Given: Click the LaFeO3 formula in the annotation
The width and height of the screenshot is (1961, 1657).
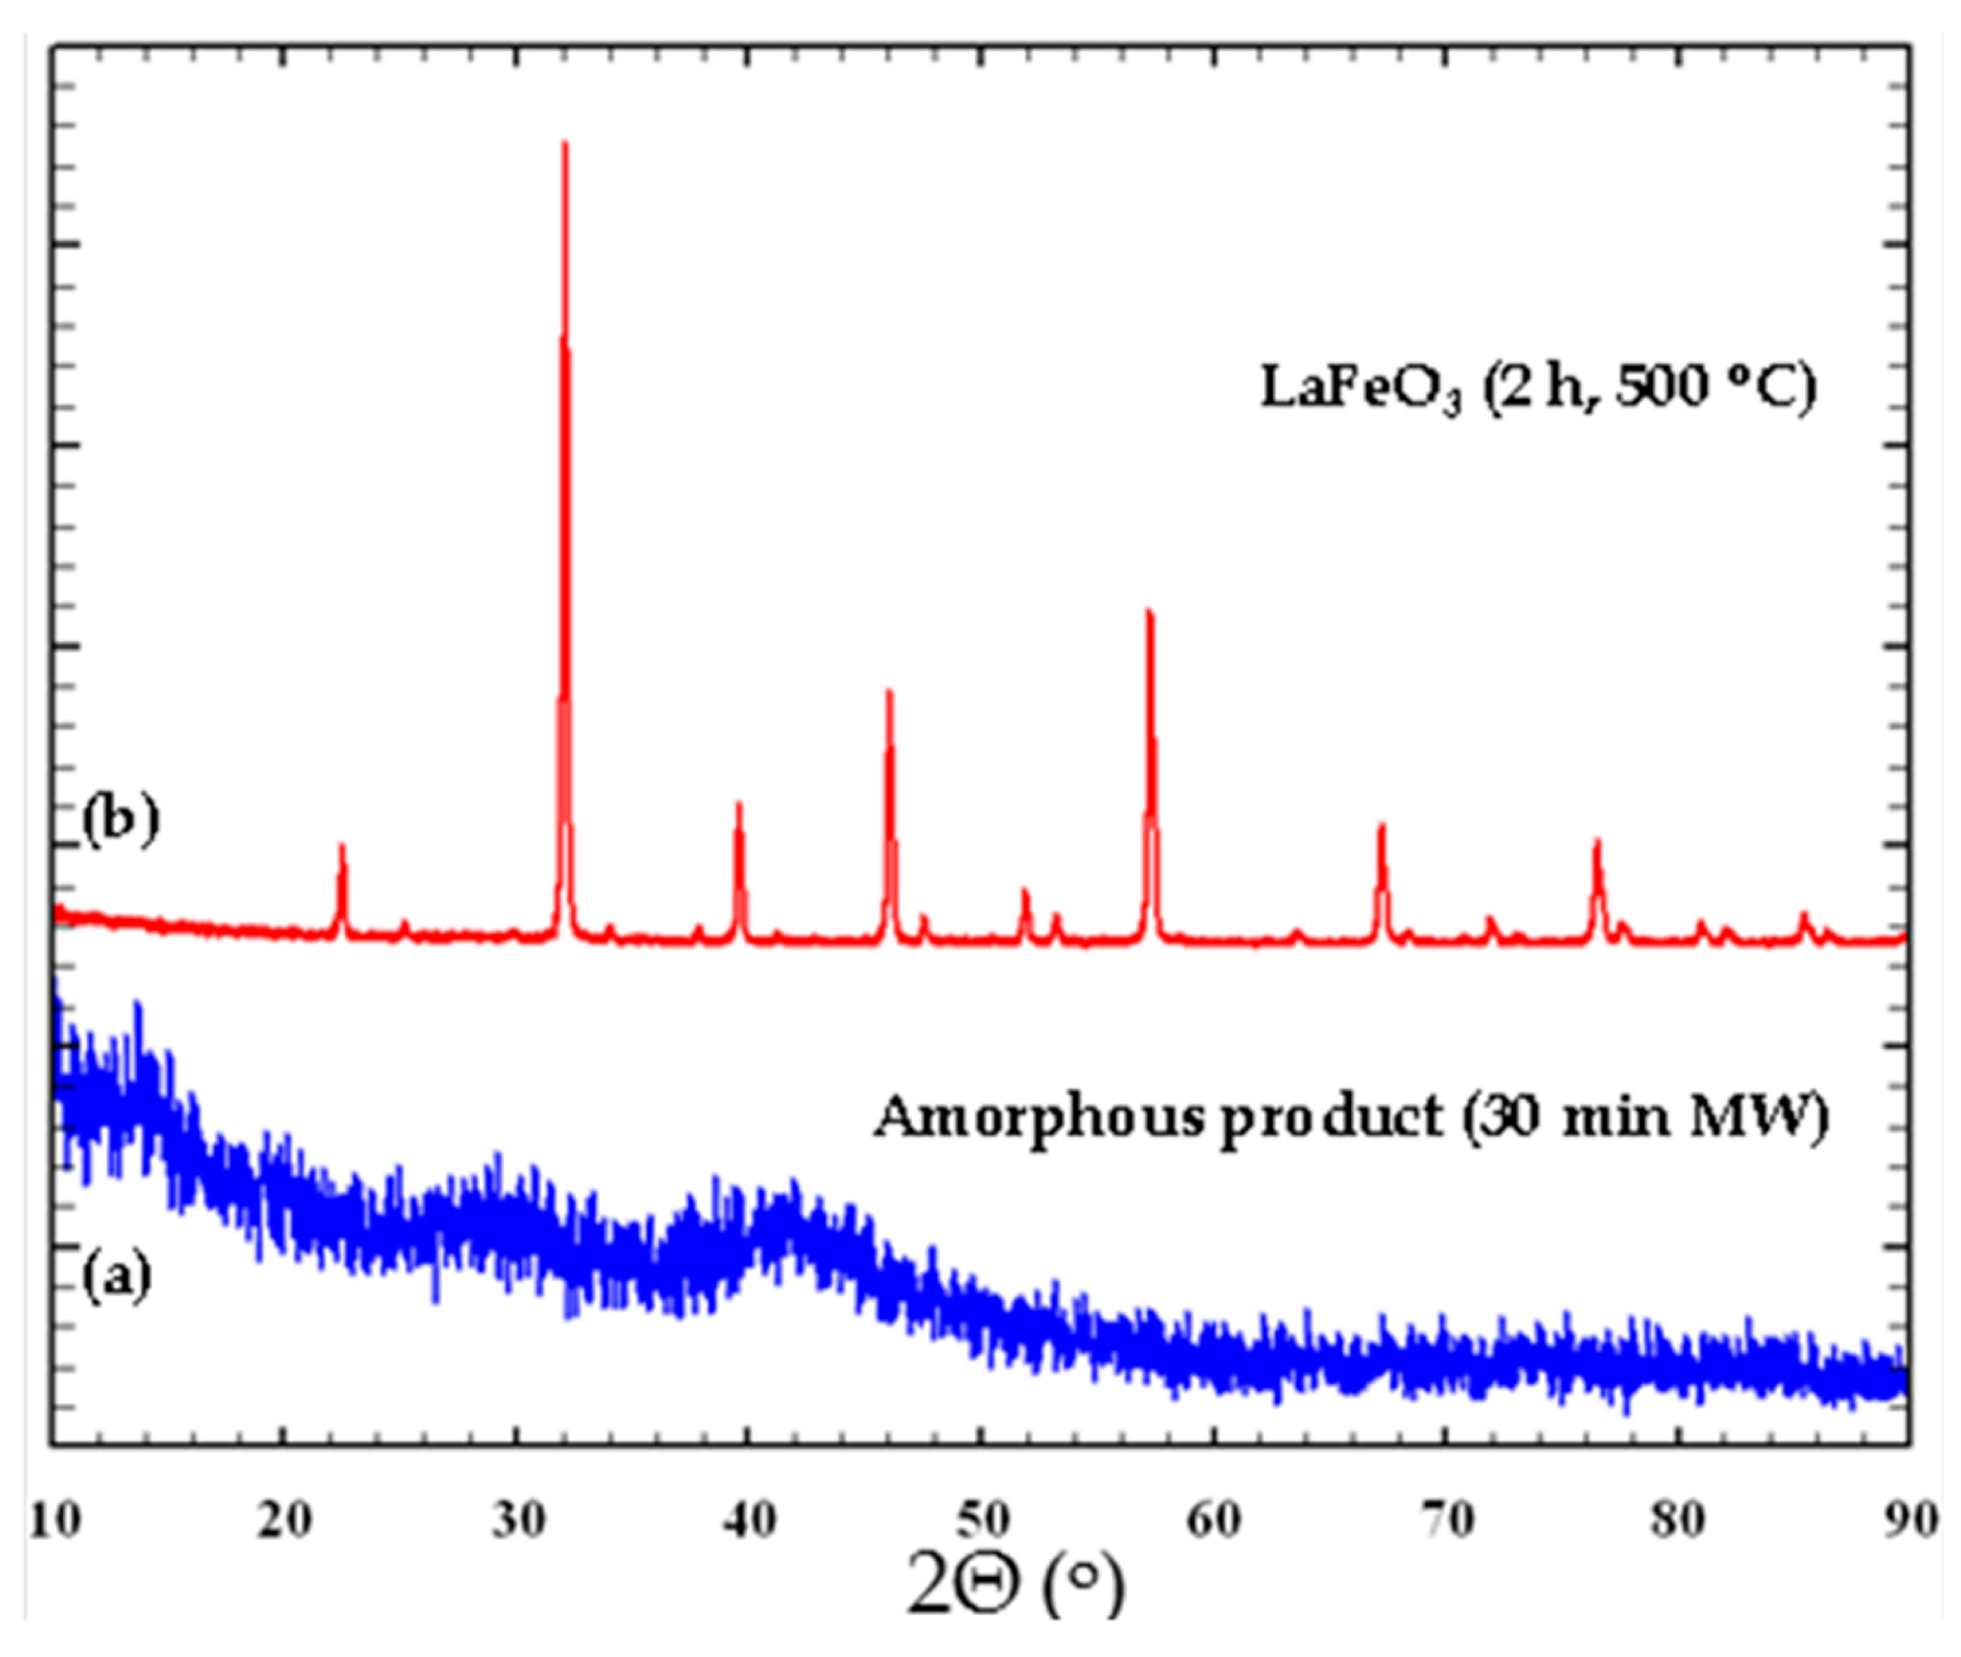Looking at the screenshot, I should pos(1361,389).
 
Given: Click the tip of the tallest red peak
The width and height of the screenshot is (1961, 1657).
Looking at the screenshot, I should pos(564,143).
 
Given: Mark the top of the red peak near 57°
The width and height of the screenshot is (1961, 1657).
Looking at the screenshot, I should pos(1149,613).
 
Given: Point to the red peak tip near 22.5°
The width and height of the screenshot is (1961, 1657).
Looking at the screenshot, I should pos(342,845).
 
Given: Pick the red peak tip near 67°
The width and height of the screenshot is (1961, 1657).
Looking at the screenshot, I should pos(1382,826).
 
